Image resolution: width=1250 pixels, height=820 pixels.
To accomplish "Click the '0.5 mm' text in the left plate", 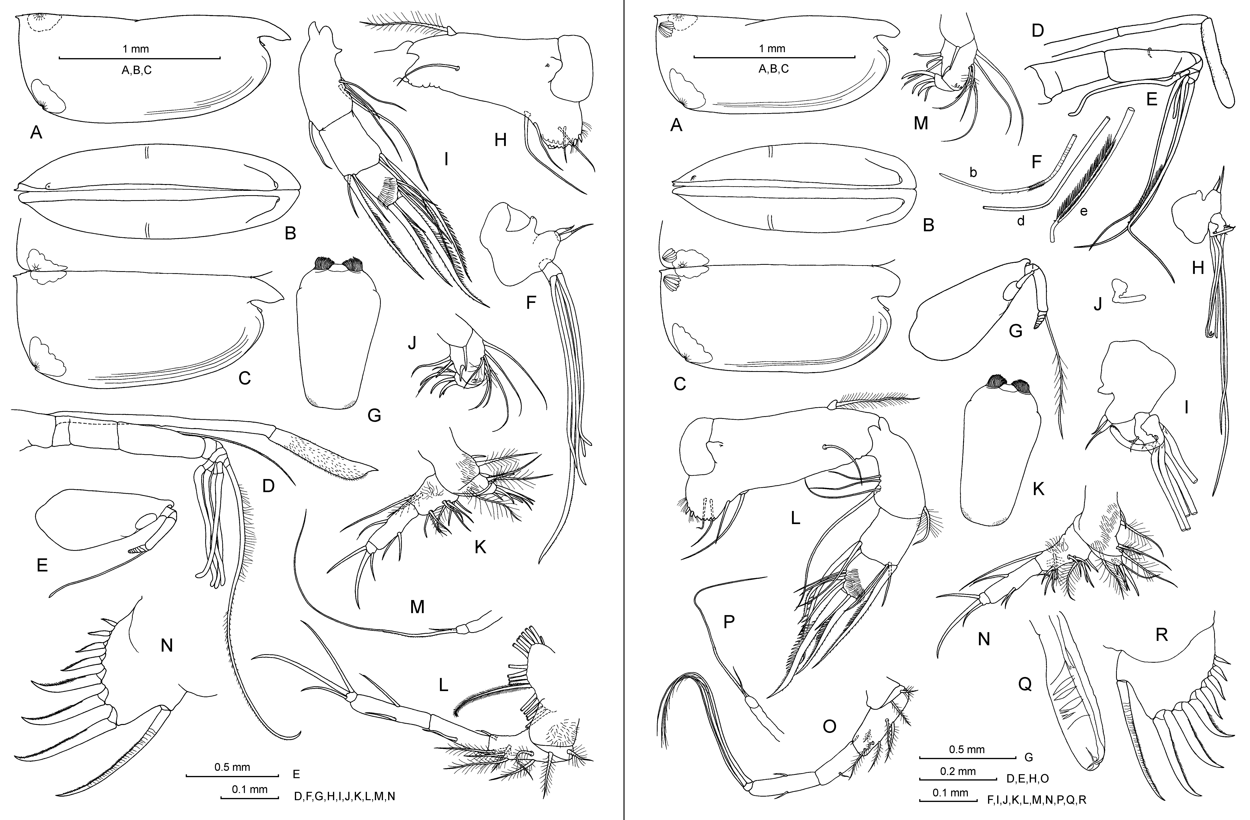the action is coord(232,767).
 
